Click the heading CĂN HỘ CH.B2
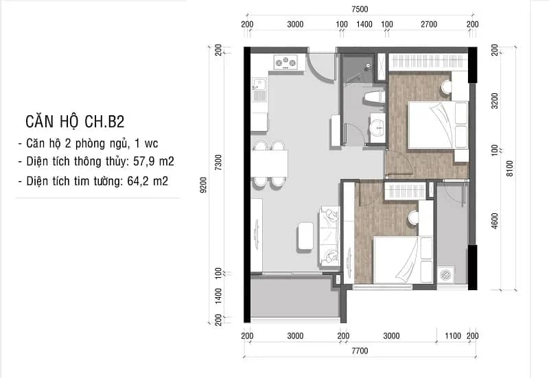point(75,122)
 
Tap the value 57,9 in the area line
point(144,161)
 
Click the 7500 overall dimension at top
point(360,10)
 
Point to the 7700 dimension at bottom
point(360,351)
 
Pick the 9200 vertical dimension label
point(203,185)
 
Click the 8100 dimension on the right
point(510,168)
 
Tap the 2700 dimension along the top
point(429,25)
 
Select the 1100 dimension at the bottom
point(453,336)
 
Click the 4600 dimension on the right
point(495,221)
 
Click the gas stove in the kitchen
point(285,62)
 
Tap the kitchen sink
point(259,89)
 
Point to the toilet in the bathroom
point(374,97)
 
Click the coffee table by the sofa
point(305,236)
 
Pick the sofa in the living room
point(329,237)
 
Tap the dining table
point(269,164)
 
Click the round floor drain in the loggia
point(447,274)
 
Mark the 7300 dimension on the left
point(218,163)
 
